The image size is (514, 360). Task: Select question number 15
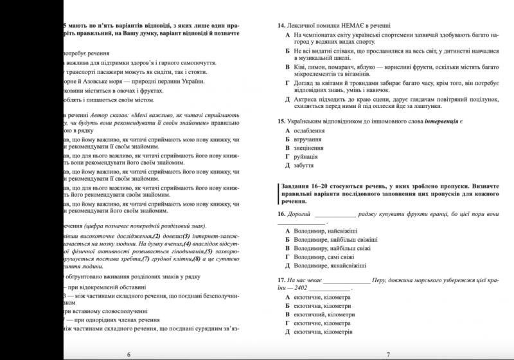[281, 121]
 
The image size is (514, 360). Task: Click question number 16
[281, 213]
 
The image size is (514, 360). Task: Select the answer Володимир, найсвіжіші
[325, 231]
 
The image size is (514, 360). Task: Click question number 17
[281, 280]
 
